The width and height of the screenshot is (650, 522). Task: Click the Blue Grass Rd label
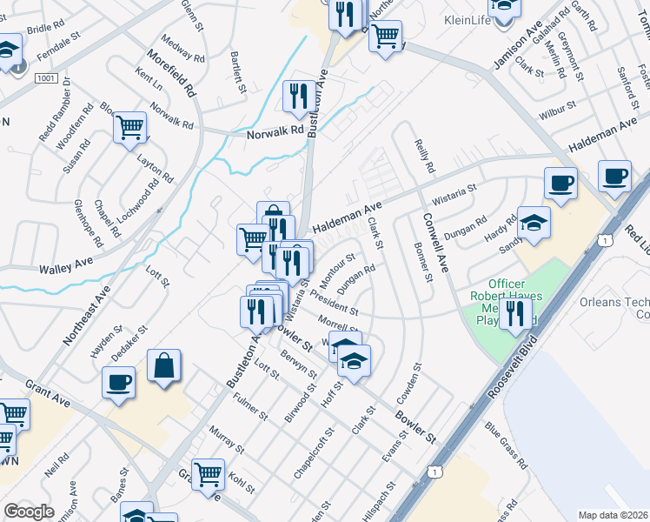[x=507, y=446]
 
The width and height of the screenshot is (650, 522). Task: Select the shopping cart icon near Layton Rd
[x=129, y=127]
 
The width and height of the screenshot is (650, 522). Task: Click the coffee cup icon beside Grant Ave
[x=118, y=382]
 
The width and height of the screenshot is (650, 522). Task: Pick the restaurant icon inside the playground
[x=515, y=313]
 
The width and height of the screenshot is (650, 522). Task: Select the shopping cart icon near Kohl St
[x=208, y=475]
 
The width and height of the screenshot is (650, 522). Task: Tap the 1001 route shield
[x=47, y=78]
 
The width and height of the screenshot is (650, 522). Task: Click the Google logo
[x=29, y=512]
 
